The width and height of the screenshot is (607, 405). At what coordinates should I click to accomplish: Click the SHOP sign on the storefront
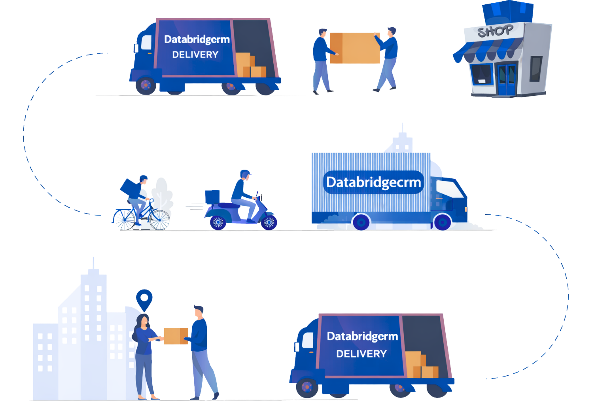pyautogui.click(x=495, y=31)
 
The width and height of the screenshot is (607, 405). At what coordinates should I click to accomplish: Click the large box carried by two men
pyautogui.click(x=355, y=48)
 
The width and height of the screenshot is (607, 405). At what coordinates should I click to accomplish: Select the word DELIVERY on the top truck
pyautogui.click(x=195, y=55)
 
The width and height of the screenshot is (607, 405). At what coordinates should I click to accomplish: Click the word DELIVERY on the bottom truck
pyautogui.click(x=361, y=354)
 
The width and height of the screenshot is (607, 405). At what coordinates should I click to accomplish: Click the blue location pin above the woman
pyautogui.click(x=144, y=299)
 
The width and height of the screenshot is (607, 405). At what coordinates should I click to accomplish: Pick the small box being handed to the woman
pyautogui.click(x=176, y=336)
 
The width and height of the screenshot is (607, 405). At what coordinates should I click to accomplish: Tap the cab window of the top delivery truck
pyautogui.click(x=146, y=42)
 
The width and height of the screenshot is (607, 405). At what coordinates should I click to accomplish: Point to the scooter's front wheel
pyautogui.click(x=269, y=222)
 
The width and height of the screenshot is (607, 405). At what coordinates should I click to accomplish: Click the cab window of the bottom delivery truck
pyautogui.click(x=308, y=340)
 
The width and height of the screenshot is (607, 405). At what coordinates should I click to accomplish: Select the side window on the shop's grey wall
pyautogui.click(x=536, y=68)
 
